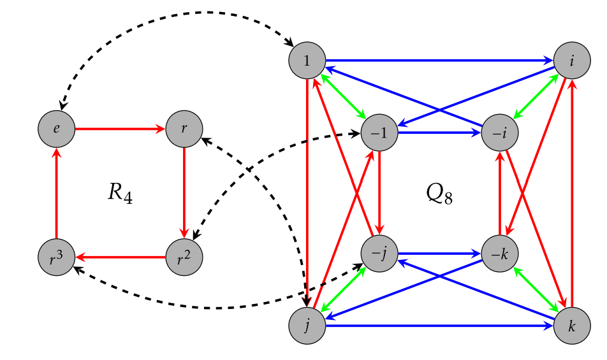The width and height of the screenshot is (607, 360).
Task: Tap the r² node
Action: coord(184,257)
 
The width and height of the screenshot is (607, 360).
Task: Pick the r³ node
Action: coord(57,257)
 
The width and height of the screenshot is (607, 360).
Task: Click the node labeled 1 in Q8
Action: coord(307,61)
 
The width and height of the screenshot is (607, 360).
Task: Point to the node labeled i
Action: coord(573,61)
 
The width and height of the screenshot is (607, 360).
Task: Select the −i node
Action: coord(500,133)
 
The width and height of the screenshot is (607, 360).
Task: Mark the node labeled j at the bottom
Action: coord(307,326)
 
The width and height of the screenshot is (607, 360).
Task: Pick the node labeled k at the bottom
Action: coord(573,326)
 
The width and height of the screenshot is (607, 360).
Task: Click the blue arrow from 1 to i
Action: coord(440,61)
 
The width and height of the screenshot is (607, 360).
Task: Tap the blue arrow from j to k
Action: coord(440,326)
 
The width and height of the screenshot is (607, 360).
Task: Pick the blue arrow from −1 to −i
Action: coord(440,133)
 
